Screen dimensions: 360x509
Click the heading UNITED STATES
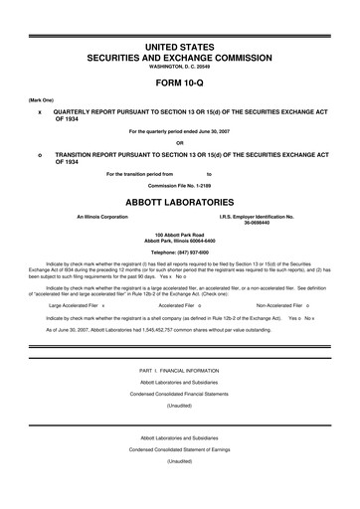pos(180,49)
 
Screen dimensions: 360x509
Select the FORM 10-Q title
pos(180,83)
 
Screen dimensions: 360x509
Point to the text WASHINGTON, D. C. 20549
pos(180,67)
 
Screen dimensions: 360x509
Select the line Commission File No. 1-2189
pos(180,185)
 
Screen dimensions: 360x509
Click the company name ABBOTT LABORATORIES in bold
pos(180,202)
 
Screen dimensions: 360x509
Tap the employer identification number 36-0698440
pos(256,223)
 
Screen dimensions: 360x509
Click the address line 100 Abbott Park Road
pos(180,236)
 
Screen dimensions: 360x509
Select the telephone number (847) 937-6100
pos(180,253)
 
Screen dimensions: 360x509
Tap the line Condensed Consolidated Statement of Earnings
pos(180,476)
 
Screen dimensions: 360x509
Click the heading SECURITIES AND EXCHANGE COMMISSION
pos(180,59)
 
